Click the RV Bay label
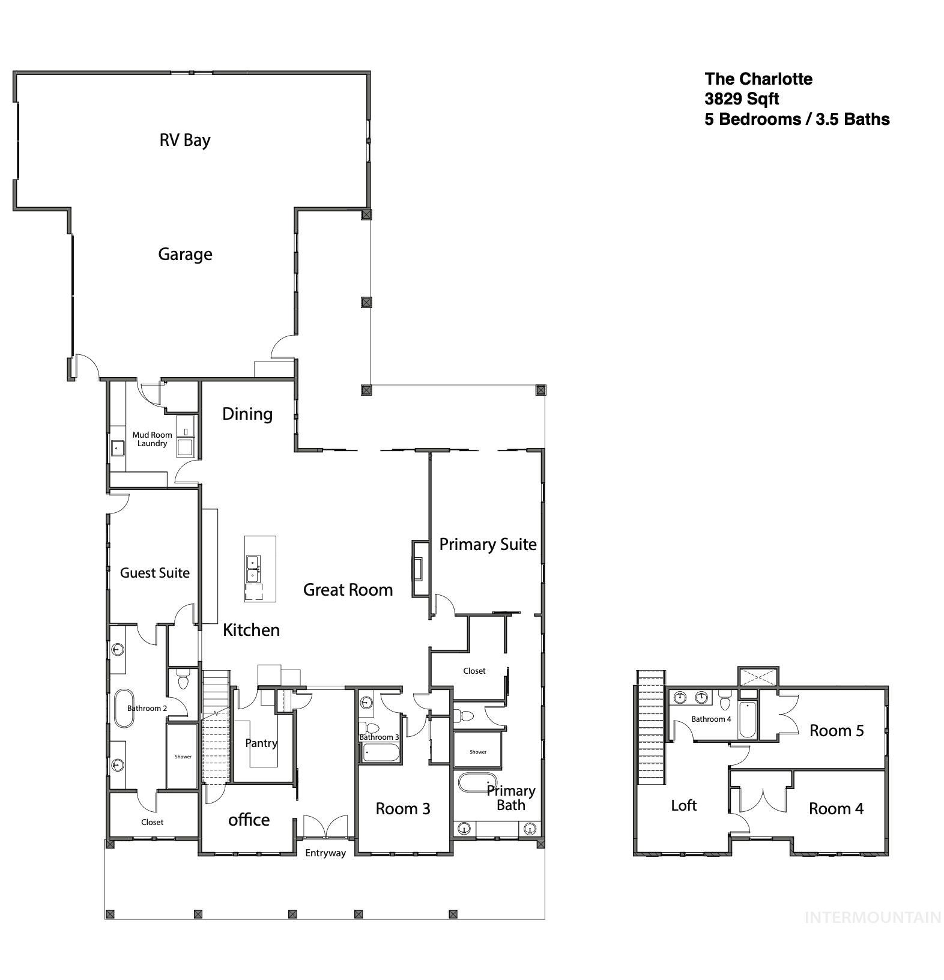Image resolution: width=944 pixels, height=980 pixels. pyautogui.click(x=184, y=140)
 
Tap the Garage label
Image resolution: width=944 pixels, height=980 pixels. pyautogui.click(x=185, y=254)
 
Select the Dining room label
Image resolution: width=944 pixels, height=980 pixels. pyautogui.click(x=247, y=414)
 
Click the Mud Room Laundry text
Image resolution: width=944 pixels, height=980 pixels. pyautogui.click(x=152, y=439)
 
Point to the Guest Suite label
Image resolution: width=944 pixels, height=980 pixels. pyautogui.click(x=154, y=573)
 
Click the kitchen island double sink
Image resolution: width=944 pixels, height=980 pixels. pyautogui.click(x=253, y=569)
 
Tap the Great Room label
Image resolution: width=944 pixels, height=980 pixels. pyautogui.click(x=348, y=590)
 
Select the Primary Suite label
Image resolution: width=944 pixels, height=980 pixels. pyautogui.click(x=488, y=545)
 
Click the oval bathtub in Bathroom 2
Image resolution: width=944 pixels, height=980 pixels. pyautogui.click(x=124, y=708)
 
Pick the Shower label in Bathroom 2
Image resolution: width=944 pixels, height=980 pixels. pyautogui.click(x=183, y=757)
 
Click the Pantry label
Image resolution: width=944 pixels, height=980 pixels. pyautogui.click(x=261, y=743)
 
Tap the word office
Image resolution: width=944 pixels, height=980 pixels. pyautogui.click(x=249, y=820)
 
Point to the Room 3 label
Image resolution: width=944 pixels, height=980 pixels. pyautogui.click(x=402, y=809)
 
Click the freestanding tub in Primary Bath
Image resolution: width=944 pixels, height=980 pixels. pyautogui.click(x=476, y=784)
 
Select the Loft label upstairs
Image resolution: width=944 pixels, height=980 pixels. pyautogui.click(x=683, y=805)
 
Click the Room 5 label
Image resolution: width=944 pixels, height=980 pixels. pyautogui.click(x=836, y=731)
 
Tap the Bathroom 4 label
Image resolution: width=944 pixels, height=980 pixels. pyautogui.click(x=710, y=719)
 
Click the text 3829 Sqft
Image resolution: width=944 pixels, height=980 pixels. pyautogui.click(x=742, y=99)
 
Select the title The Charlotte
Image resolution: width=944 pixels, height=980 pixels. pyautogui.click(x=758, y=79)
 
